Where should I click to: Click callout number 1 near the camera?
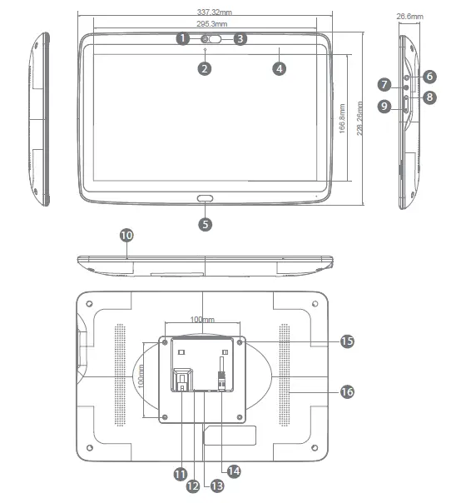click(182, 38)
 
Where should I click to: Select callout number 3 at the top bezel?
click(240, 38)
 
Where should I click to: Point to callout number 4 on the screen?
click(280, 69)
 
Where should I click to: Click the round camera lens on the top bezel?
click(206, 38)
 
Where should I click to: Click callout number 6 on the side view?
click(429, 76)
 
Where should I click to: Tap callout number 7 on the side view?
click(384, 85)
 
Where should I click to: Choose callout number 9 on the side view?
click(384, 106)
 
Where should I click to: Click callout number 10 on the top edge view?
click(126, 236)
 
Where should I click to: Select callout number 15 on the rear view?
click(346, 341)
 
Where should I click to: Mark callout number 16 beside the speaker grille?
click(346, 391)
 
